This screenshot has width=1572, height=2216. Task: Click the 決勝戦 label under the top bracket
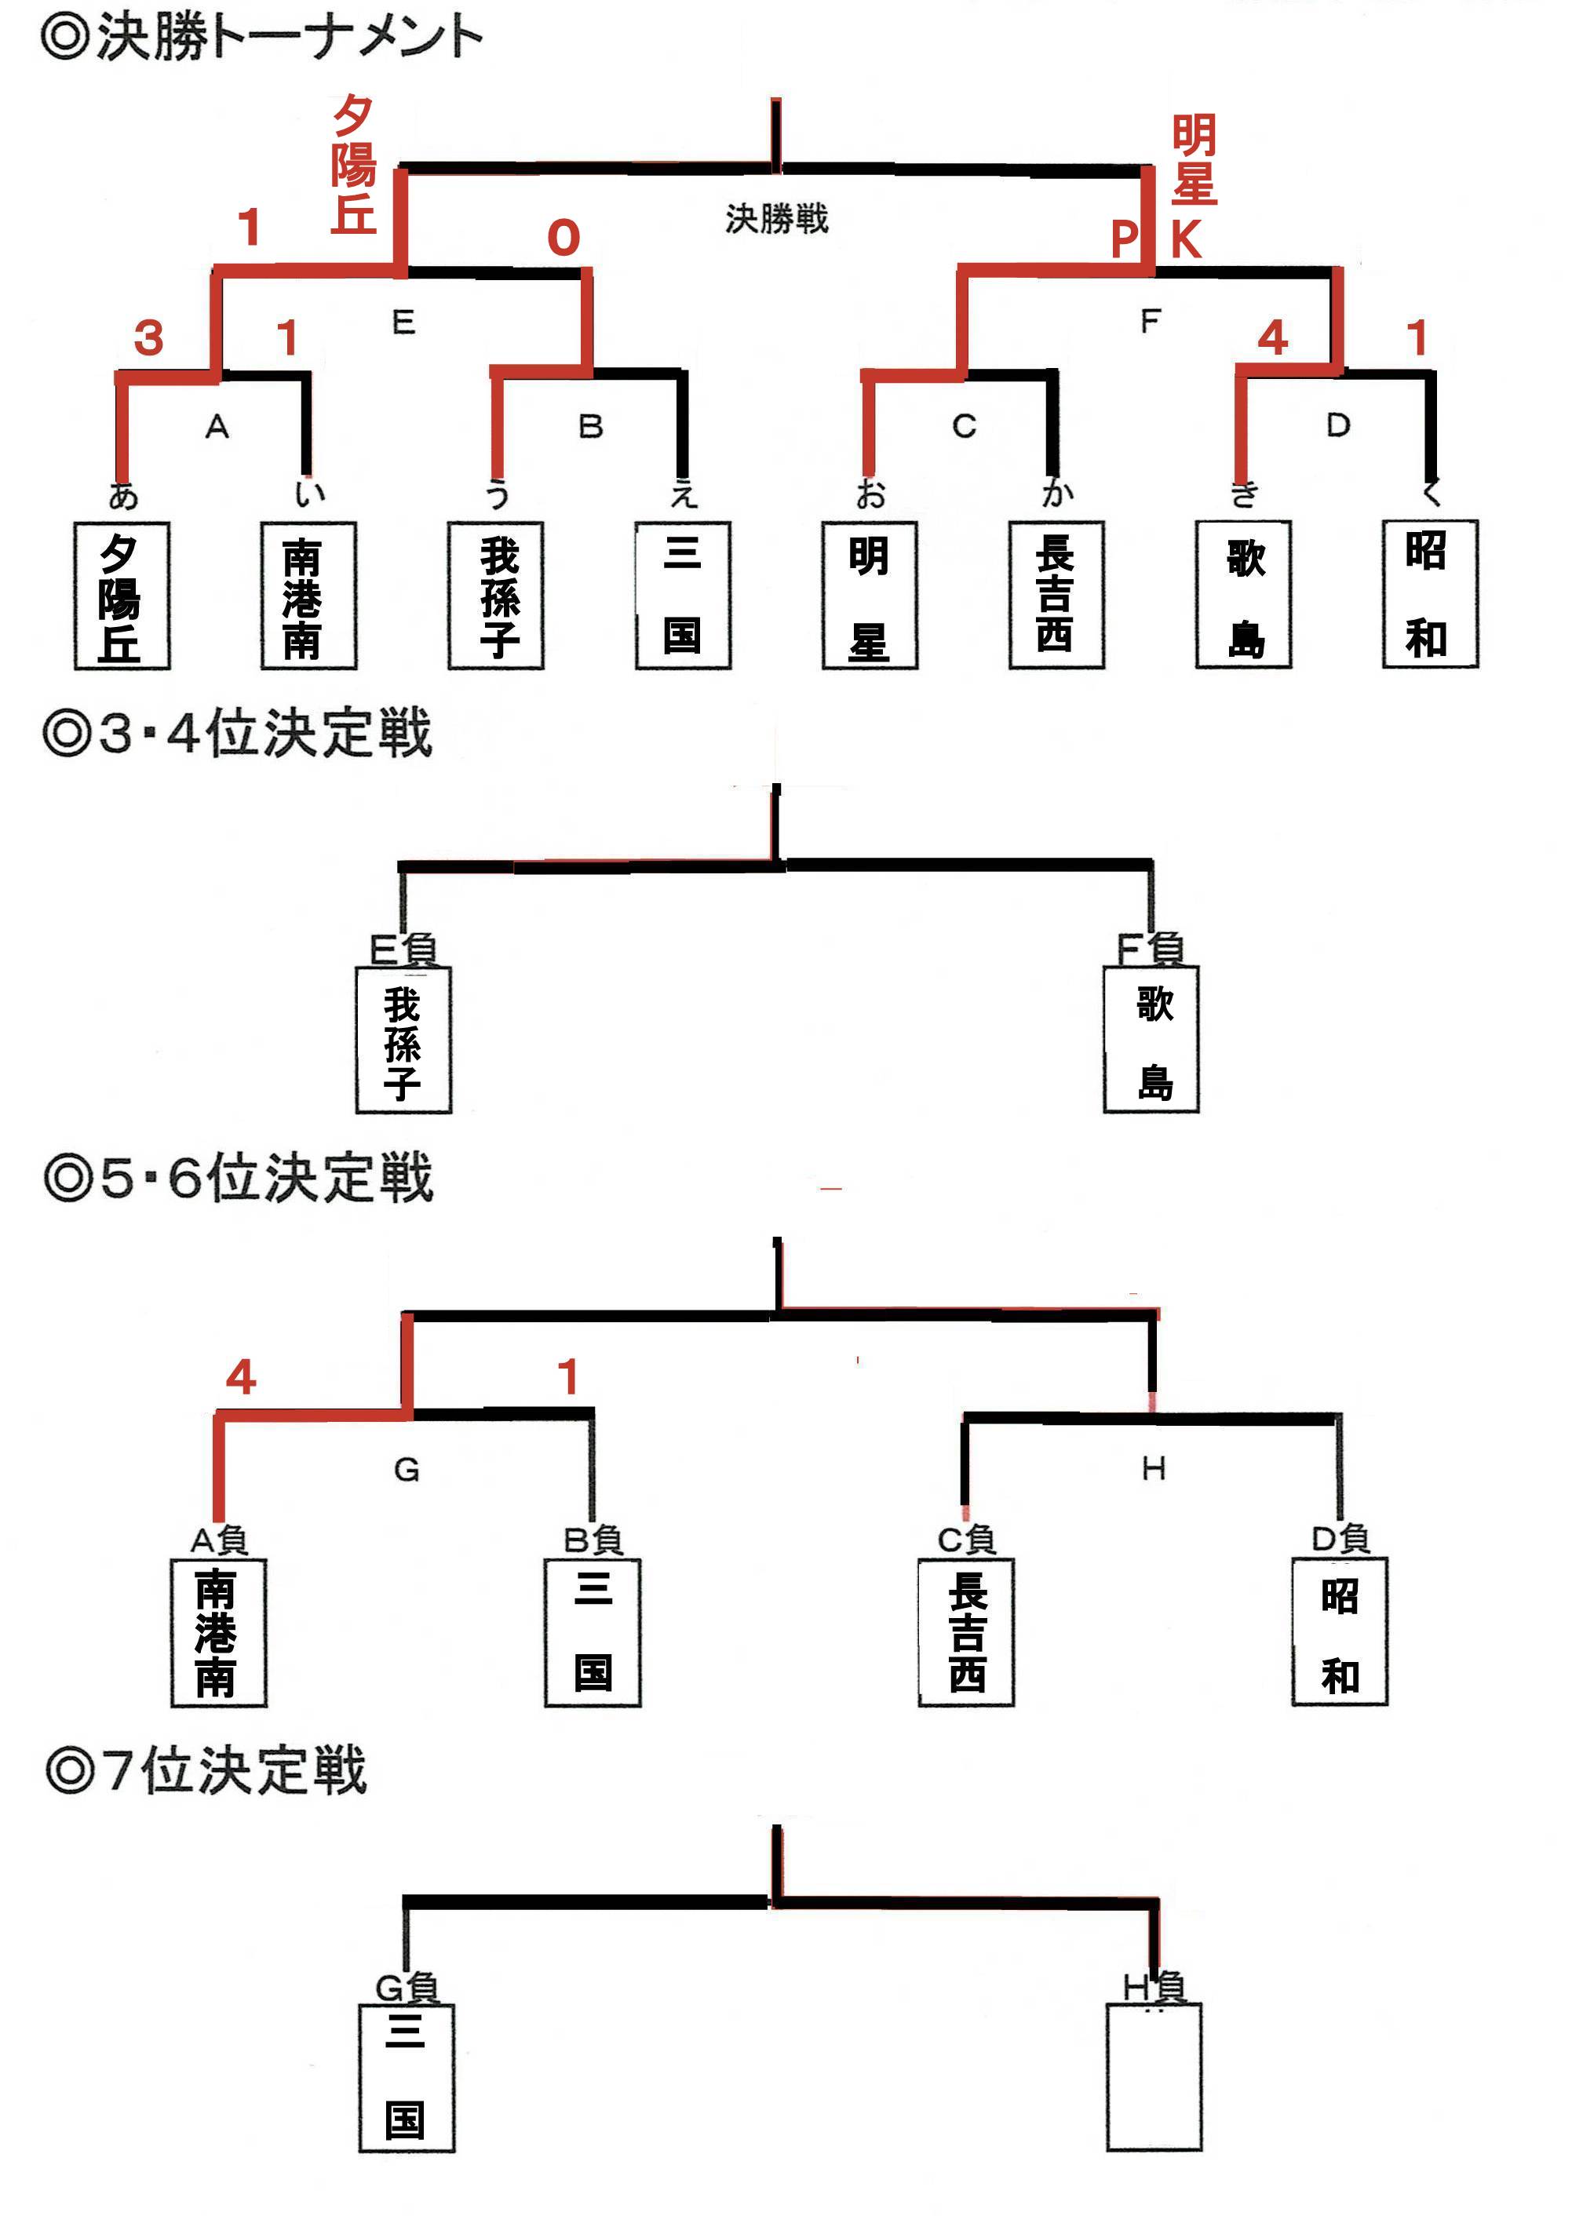pyautogui.click(x=776, y=220)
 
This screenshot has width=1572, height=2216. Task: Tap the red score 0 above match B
pyautogui.click(x=564, y=238)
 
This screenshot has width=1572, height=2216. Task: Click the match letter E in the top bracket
pyautogui.click(x=403, y=323)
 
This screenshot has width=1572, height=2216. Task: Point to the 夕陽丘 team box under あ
pyautogui.click(x=122, y=595)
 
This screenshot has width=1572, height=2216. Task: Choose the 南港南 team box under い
pyautogui.click(x=308, y=595)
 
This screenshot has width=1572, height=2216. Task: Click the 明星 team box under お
pyautogui.click(x=870, y=595)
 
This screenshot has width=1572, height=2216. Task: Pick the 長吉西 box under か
pyautogui.click(x=1056, y=594)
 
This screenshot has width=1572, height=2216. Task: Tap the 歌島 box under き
pyautogui.click(x=1243, y=594)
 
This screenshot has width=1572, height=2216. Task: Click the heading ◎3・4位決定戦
pyautogui.click(x=237, y=733)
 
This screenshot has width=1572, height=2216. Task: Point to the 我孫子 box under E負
pyautogui.click(x=403, y=1041)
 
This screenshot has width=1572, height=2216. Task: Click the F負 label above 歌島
pyautogui.click(x=1150, y=949)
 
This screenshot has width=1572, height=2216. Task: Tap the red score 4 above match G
pyautogui.click(x=241, y=1376)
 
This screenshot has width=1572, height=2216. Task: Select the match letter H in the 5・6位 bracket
pyautogui.click(x=1153, y=1469)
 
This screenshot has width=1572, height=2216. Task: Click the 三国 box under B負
pyautogui.click(x=593, y=1631)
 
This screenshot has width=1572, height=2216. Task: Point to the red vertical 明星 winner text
pyautogui.click(x=1194, y=159)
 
